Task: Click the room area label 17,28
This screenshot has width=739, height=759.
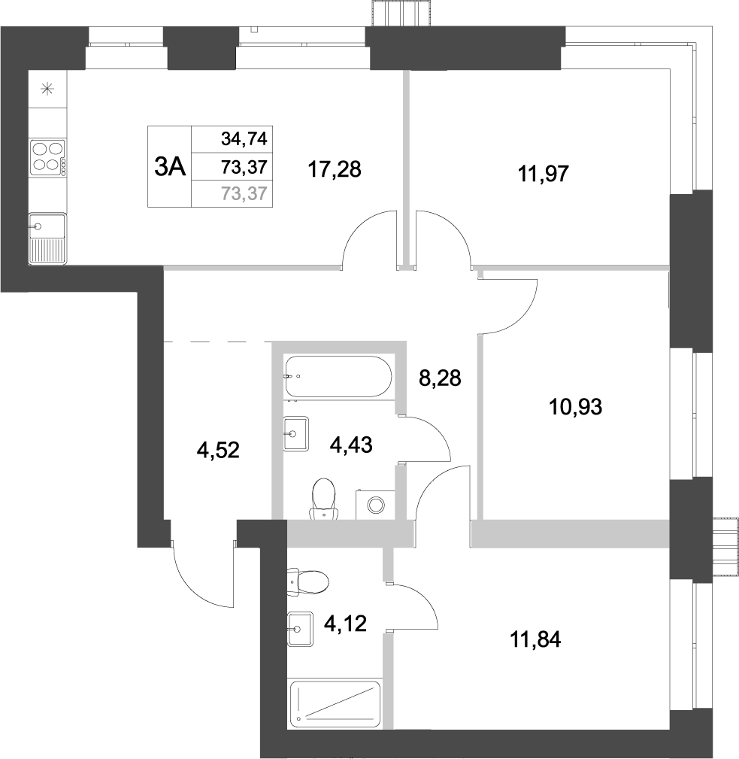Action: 335,170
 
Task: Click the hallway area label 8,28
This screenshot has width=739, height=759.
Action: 439,378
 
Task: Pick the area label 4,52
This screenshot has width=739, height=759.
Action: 218,452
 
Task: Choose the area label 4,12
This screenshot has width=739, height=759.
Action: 345,623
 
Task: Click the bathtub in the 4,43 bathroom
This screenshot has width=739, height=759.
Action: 338,377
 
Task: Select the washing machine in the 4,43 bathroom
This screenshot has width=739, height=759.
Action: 372,502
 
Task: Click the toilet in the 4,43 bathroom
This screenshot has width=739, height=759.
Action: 323,499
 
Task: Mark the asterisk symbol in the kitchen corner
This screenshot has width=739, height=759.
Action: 47,90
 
